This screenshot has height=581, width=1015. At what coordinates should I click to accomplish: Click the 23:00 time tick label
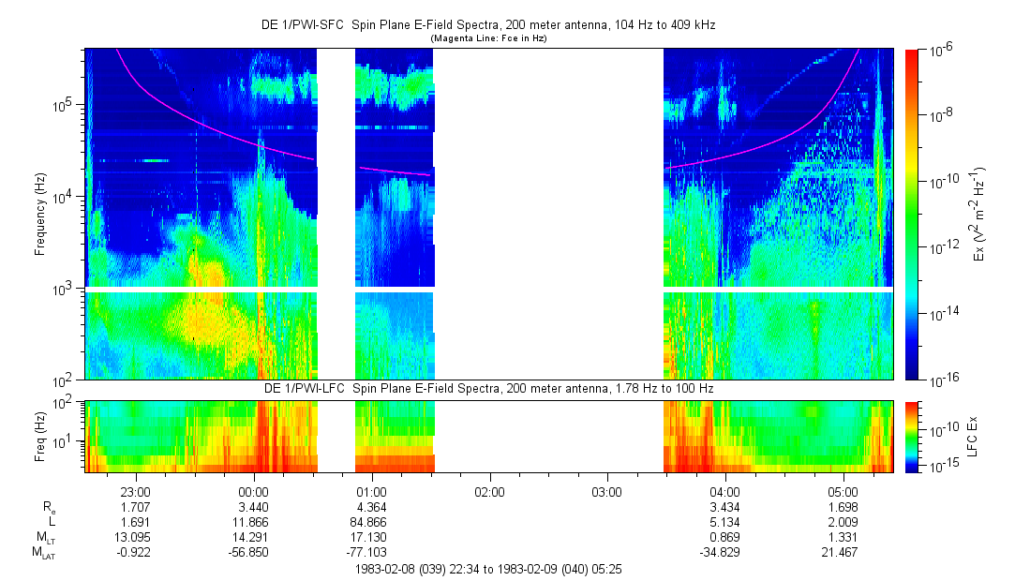[x=136, y=491]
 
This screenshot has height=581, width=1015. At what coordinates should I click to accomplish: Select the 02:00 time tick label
[x=489, y=491]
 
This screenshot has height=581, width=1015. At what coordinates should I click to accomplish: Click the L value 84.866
[x=372, y=522]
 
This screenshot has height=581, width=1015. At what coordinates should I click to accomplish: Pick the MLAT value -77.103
[x=372, y=553]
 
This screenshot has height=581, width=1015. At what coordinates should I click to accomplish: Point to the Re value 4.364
[x=372, y=507]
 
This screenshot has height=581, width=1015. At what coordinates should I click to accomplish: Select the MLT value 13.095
[x=136, y=538]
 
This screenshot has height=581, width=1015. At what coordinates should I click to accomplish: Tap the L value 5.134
[x=725, y=522]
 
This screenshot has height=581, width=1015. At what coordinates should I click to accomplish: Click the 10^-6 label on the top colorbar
[x=941, y=52]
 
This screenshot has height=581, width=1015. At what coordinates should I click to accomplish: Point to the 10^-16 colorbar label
[x=941, y=380]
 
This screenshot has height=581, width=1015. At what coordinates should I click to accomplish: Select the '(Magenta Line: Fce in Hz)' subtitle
[x=488, y=39]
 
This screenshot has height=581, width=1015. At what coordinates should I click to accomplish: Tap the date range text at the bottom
[x=488, y=569]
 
